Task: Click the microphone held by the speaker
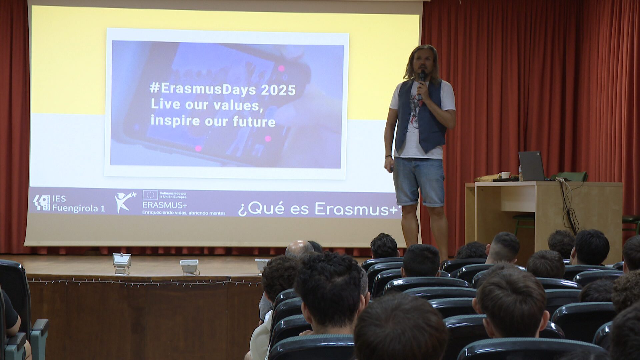coord(422,80)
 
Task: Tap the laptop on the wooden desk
coord(531,166)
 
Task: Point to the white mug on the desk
coord(505,175)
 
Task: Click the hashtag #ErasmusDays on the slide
coord(203,89)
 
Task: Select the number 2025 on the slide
coord(278,90)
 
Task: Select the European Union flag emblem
coord(150,195)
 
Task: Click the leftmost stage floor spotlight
coord(122,263)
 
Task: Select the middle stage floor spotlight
coord(189,267)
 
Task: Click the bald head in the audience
coord(299,249)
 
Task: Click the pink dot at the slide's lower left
coord(198,149)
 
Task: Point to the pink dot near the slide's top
coord(281,68)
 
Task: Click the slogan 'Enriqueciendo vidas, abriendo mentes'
coord(184,213)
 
